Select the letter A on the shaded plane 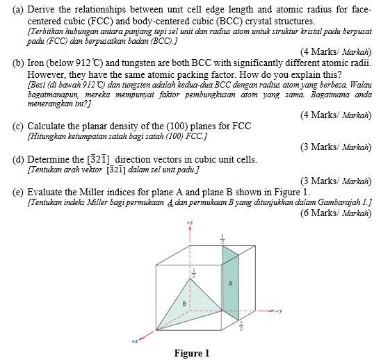(230, 284)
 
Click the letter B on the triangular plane (184, 303)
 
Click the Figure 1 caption (191, 353)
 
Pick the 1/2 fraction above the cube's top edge (222, 239)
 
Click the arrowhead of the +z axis (189, 230)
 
